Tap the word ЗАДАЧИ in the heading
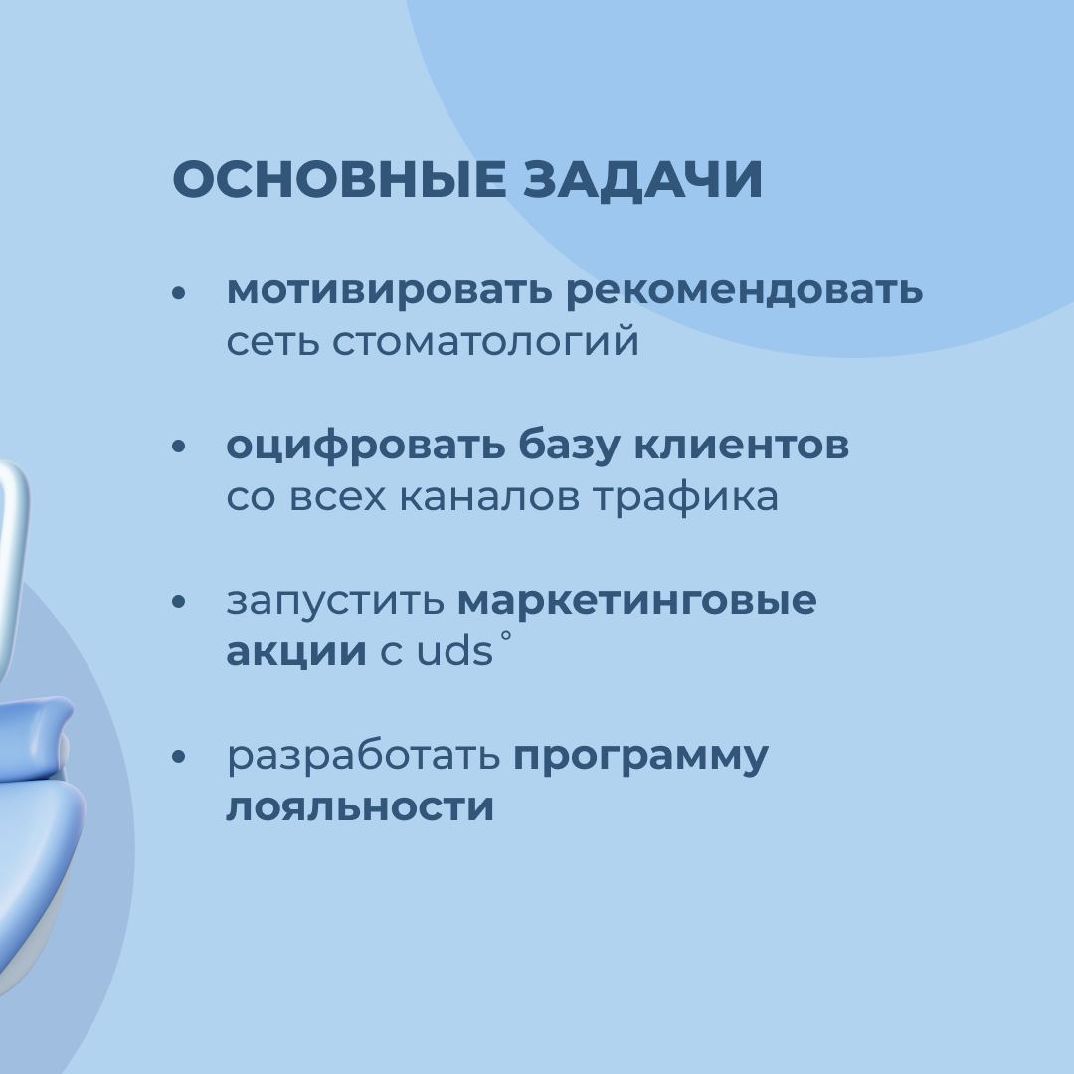pos(643,180)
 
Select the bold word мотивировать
pos(389,291)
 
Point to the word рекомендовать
pos(744,291)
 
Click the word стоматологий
pos(485,341)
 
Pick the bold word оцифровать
pos(365,446)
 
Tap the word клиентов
pos(741,445)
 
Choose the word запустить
pos(336,601)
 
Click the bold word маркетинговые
pos(637,601)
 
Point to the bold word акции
pos(296,652)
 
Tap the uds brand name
pos(455,650)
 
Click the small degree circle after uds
pos(505,636)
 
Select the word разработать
pos(364,756)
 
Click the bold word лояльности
pos(360,806)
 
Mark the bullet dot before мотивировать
pos(179,293)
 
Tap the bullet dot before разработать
pos(179,757)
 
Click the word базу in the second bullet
pos(569,446)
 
